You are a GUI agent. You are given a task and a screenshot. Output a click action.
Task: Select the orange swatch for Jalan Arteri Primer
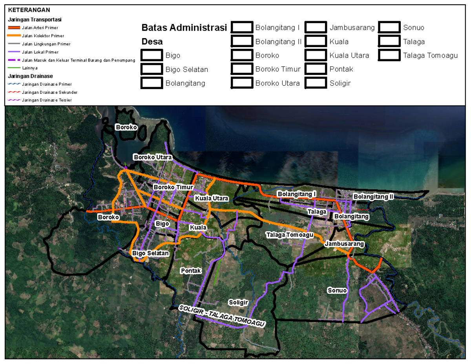[x=14, y=28]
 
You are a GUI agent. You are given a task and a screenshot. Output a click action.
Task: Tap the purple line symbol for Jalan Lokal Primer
[x=14, y=52]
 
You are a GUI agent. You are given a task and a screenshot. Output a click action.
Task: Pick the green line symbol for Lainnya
[x=14, y=68]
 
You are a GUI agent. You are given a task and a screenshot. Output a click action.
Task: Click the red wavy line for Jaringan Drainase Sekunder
[x=14, y=92]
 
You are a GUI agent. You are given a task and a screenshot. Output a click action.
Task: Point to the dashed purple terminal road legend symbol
[x=14, y=60]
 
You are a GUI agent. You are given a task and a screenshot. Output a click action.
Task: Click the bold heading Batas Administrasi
[x=184, y=28]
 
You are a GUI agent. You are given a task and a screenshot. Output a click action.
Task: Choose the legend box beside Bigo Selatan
[x=152, y=69]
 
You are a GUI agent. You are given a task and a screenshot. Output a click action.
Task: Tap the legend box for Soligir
[x=316, y=83]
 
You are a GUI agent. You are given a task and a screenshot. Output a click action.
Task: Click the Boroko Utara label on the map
[x=153, y=157]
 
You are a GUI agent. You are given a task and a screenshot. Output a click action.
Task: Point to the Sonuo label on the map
[x=338, y=291]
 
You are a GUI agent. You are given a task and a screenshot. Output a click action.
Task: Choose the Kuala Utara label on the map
[x=212, y=198]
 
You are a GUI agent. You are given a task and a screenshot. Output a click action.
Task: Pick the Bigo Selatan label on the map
[x=151, y=253]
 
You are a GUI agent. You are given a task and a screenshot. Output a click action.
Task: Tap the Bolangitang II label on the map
[x=373, y=196]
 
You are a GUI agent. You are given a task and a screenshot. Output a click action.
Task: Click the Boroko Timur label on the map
[x=173, y=187]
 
